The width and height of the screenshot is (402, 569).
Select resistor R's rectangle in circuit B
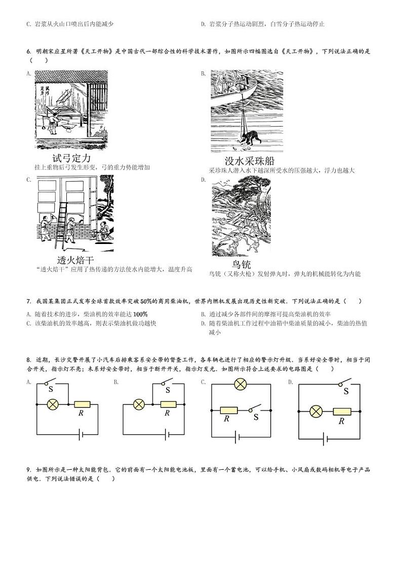click(x=168, y=404)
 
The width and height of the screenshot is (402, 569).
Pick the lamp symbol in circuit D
click(x=316, y=411)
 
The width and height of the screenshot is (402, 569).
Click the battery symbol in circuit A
click(x=80, y=433)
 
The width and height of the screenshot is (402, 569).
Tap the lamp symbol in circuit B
click(x=139, y=404)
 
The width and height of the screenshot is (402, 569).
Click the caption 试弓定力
click(x=71, y=158)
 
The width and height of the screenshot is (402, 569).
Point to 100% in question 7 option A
click(x=140, y=314)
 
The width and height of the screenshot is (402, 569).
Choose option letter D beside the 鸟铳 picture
click(x=203, y=179)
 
